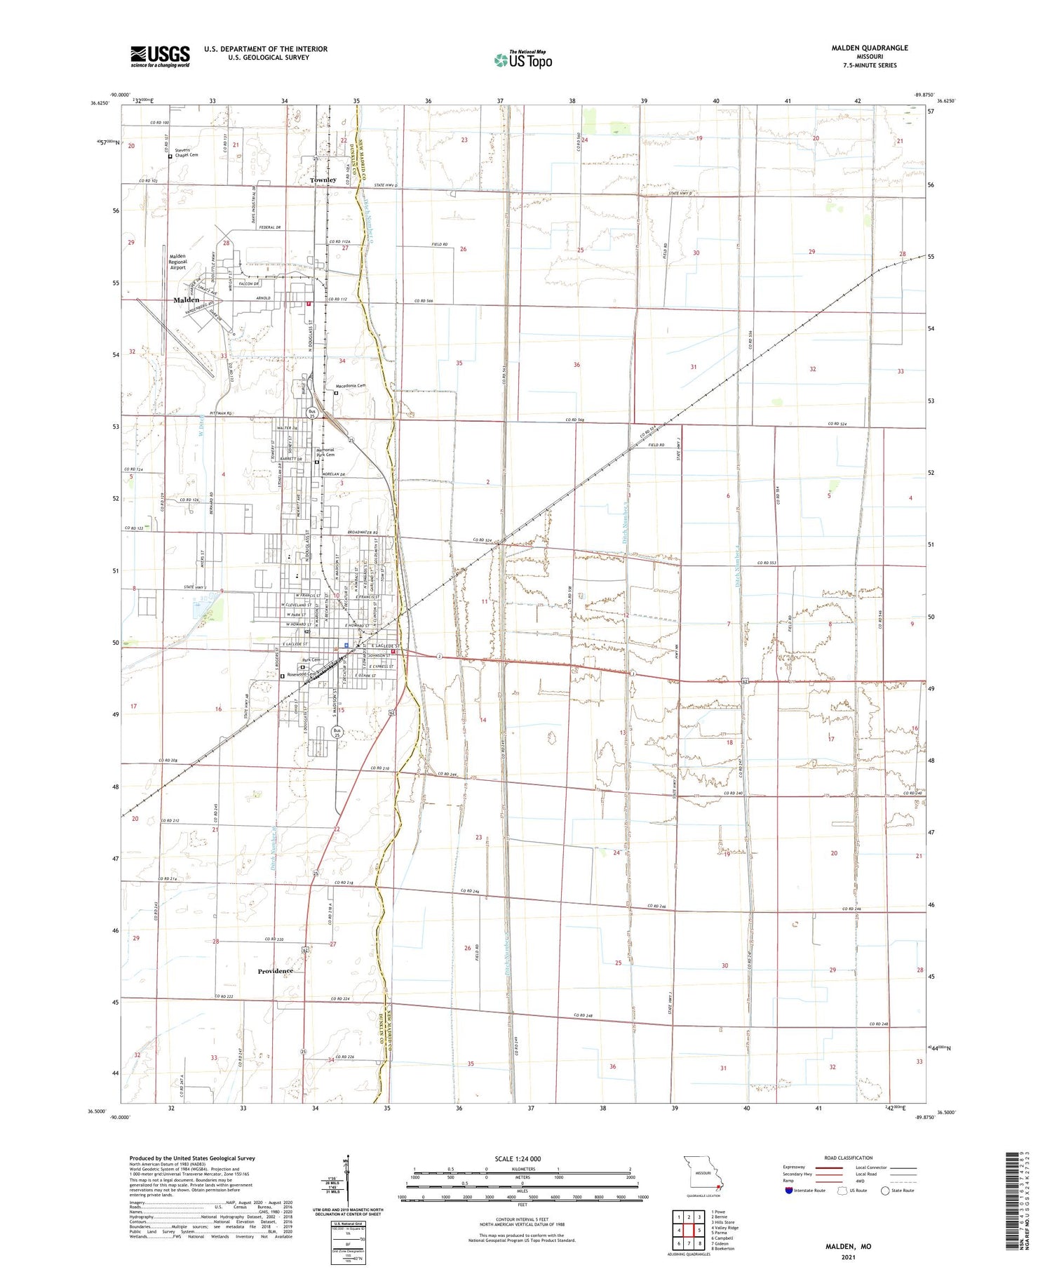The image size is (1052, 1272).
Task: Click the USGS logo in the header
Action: [160, 56]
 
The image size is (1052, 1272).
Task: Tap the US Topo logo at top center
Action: [522, 60]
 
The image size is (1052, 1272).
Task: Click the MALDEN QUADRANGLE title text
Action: [869, 48]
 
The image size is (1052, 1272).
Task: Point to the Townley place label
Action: [323, 180]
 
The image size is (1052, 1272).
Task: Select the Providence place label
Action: [275, 971]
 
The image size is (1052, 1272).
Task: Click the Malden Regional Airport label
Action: [178, 262]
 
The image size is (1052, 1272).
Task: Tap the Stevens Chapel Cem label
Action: [187, 152]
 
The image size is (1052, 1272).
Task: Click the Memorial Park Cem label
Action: [325, 453]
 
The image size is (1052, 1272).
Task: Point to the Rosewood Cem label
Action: [303, 675]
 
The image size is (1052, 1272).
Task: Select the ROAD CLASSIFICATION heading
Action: [848, 1158]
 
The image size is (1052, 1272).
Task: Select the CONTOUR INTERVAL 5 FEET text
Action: [522, 1219]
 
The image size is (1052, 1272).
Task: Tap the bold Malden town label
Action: [186, 300]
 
